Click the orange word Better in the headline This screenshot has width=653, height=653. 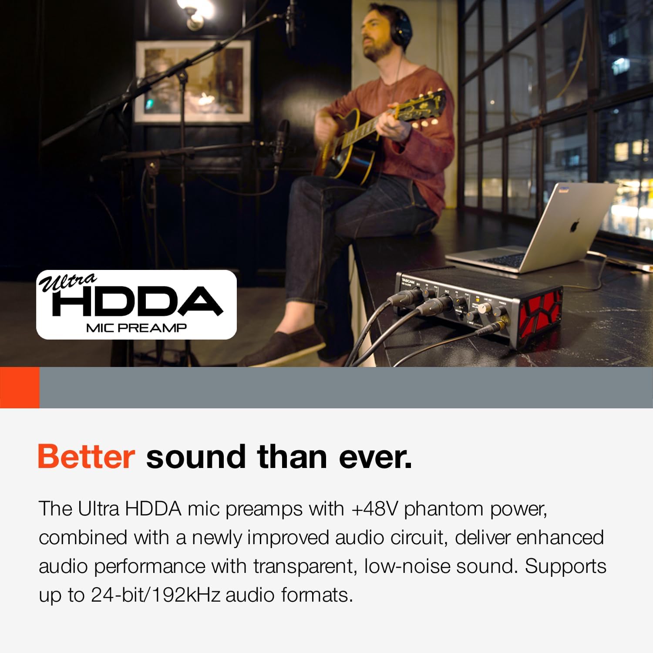pos(86,457)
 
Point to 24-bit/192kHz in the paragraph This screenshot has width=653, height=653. pos(155,595)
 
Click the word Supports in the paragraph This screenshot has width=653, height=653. pos(565,566)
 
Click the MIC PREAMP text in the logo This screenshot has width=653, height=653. pos(136,328)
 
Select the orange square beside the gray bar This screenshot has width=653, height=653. pos(20,387)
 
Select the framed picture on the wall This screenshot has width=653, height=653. pos(193,81)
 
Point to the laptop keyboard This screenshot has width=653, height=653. pos(501,260)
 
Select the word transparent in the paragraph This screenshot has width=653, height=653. pos(305,566)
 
